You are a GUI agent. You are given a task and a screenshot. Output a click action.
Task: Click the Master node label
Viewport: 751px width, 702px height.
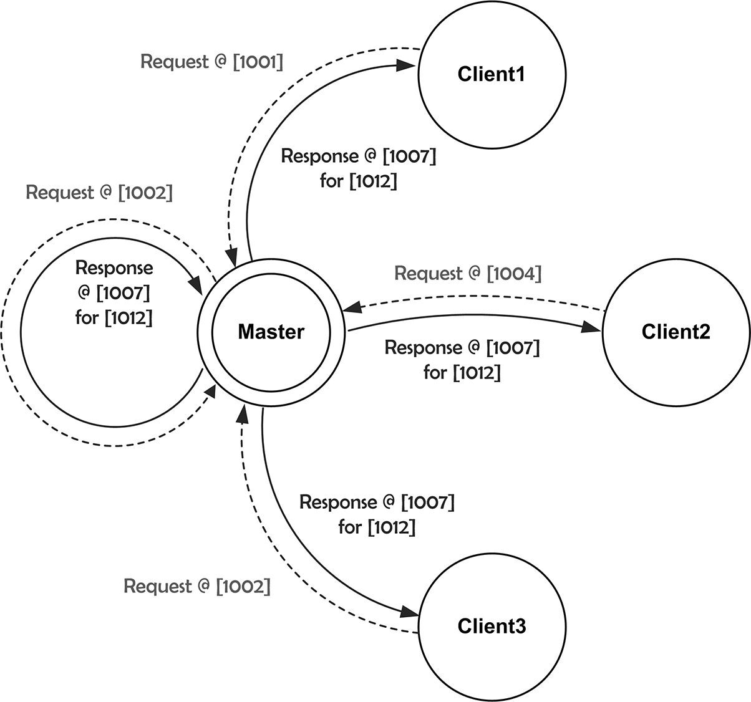coord(271,332)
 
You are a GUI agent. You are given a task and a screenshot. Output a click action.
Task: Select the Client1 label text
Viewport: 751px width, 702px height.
coord(491,74)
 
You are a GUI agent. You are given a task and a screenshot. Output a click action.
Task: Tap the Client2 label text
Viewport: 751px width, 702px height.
coord(676,332)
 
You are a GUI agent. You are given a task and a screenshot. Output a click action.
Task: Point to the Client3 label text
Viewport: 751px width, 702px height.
coord(491,626)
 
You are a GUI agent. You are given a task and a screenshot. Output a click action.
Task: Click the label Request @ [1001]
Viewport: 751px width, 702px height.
coord(211,62)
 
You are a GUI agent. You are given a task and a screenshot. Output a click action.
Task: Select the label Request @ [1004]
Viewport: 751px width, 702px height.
coord(468,273)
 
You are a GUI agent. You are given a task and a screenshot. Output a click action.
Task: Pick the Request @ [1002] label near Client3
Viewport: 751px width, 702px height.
coord(197,586)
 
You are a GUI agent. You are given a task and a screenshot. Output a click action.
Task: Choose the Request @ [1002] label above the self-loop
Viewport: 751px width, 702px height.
coord(99,193)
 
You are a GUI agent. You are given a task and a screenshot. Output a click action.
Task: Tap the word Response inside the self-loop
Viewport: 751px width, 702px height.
coord(114,267)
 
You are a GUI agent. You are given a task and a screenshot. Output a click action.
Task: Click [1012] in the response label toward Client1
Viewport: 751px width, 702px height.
coord(372,181)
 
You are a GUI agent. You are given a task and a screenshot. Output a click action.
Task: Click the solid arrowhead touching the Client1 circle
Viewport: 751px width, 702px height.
coord(408,65)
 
